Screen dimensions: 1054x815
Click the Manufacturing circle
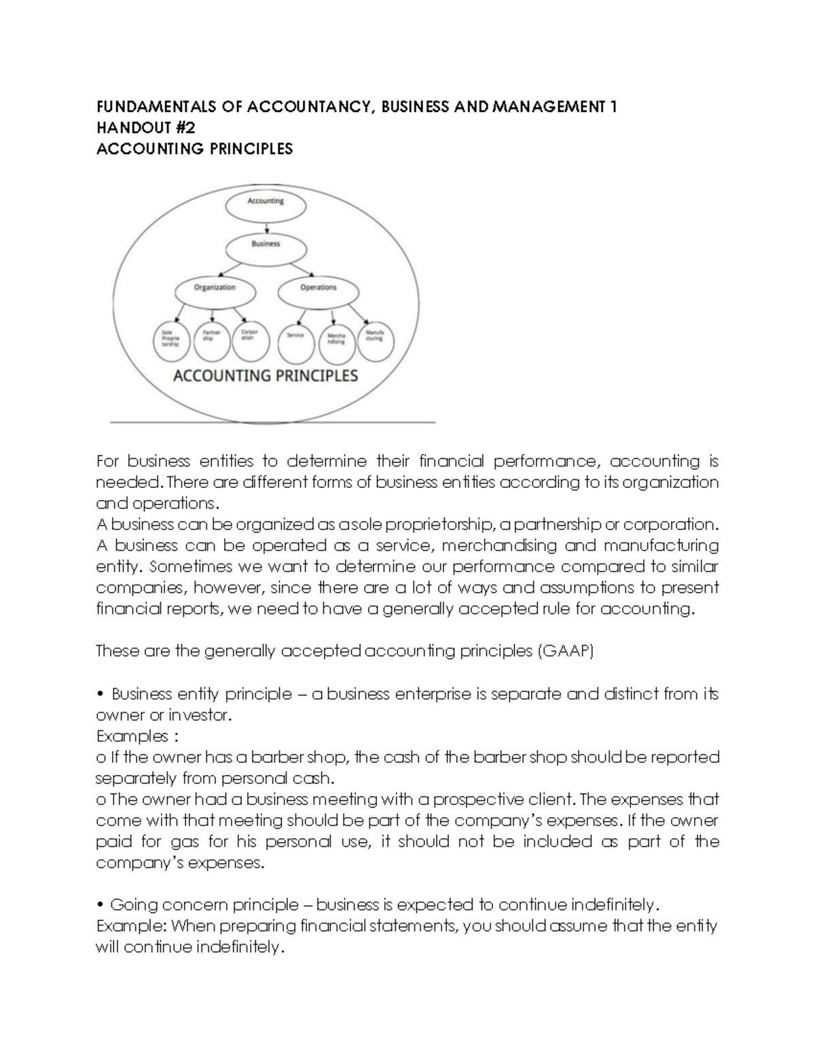pos(375,339)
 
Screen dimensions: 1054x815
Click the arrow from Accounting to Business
pos(266,228)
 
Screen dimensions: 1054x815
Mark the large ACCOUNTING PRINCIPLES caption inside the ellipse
pos(266,376)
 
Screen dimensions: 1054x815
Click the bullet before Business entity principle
pos(100,694)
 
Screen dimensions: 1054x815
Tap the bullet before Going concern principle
pos(100,905)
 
